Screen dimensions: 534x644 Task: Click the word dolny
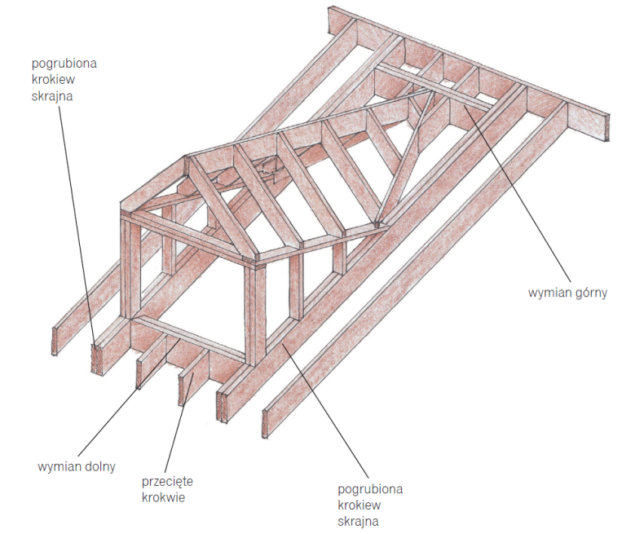pos(99,467)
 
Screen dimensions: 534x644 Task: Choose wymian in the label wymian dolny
pos(59,467)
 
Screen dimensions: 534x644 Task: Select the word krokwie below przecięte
pos(164,496)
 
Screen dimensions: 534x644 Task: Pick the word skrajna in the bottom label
pos(358,520)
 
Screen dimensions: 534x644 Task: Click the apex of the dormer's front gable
pos(187,160)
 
